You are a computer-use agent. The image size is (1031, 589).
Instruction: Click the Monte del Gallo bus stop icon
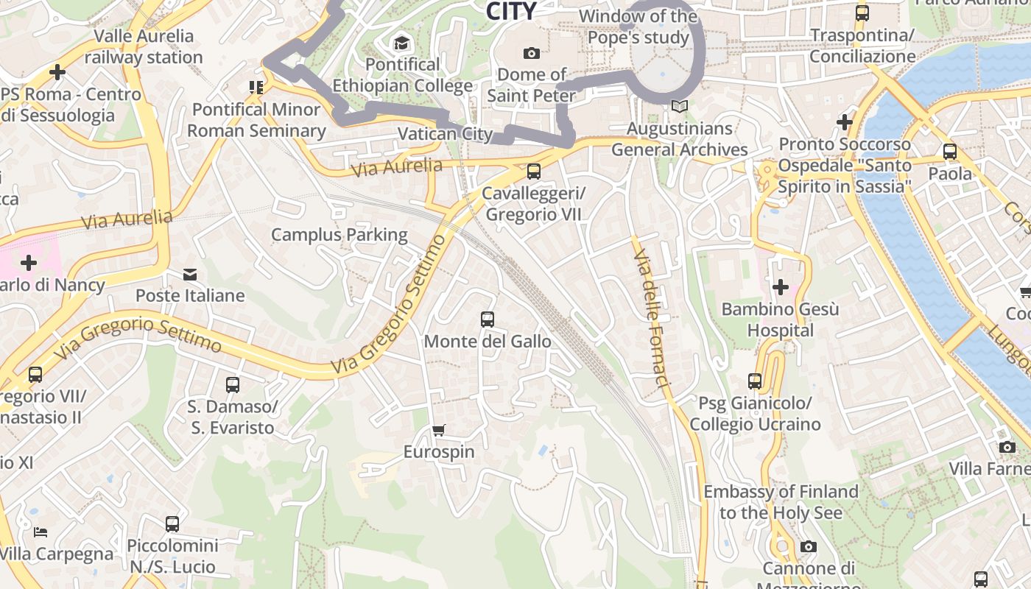pos(487,320)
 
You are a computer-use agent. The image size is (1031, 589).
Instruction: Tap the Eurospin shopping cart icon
pos(439,430)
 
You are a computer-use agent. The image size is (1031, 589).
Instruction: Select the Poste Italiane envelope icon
pos(190,275)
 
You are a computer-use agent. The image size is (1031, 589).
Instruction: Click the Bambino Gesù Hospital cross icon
pos(781,286)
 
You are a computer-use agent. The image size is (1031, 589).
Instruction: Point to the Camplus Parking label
pos(339,235)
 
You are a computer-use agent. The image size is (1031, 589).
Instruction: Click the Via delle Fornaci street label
pos(652,317)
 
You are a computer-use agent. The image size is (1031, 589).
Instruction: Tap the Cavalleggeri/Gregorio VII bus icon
pos(533,172)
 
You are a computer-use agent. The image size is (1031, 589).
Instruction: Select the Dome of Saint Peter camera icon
pos(531,53)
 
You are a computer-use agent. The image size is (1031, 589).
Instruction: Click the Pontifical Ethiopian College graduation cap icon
pos(401,43)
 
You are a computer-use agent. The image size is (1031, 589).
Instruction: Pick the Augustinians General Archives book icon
pos(680,107)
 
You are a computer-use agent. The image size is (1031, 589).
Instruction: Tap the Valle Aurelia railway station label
pos(144,46)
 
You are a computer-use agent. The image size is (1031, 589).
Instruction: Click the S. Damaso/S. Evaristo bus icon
pos(232,384)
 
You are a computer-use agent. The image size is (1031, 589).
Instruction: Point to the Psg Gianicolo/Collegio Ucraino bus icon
pos(755,381)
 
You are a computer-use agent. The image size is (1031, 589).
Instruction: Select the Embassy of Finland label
pos(781,501)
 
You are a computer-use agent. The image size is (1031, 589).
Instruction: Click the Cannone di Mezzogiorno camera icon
pos(808,546)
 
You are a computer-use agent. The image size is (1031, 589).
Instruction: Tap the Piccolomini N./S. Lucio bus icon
pos(172,524)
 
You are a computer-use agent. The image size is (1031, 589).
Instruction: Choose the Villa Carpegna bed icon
pos(41,532)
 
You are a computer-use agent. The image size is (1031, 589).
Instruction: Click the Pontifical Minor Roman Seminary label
pos(256,120)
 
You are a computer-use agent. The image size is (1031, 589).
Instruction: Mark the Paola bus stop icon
pos(950,152)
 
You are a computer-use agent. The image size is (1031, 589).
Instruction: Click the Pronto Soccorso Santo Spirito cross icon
pos(845,121)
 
